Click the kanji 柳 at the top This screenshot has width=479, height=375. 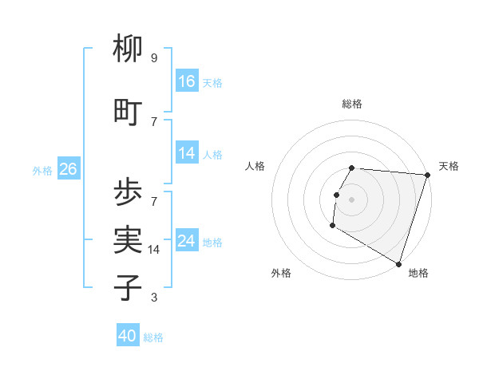pos(128,49)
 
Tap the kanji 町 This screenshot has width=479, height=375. pos(128,112)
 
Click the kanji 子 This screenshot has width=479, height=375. pos(128,287)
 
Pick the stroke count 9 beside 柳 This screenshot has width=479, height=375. pos(153,58)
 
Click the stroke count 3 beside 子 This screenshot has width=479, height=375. pos(153,298)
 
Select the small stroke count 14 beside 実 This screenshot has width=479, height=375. pos(154,250)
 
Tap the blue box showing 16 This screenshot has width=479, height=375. pos(187,81)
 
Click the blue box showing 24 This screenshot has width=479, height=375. pos(187,241)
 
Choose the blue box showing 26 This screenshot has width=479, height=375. pos(68,169)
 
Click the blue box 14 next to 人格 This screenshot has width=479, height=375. pos(187,153)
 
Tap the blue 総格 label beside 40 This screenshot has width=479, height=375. pos(153,337)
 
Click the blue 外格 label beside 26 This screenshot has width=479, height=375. pos(42,170)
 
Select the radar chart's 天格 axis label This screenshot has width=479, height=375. pos(449,166)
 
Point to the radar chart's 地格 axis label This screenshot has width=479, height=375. pos(418,273)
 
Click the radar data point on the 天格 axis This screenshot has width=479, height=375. pos(427,175)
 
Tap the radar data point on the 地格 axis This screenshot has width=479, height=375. pos(398,263)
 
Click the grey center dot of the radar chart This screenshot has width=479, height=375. pos(351,199)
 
